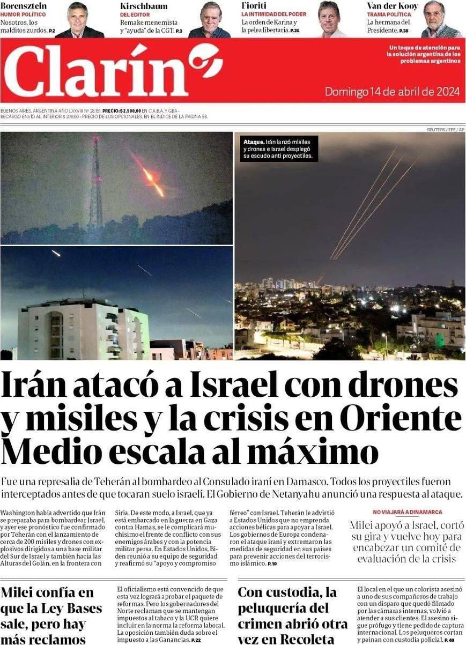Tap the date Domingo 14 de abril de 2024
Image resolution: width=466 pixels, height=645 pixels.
click(392, 92)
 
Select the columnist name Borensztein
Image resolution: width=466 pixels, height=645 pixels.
click(24, 6)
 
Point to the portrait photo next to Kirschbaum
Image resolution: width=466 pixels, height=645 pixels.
click(210, 20)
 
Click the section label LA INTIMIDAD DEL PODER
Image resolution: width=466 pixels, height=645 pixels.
click(273, 14)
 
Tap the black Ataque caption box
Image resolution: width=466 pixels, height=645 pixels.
click(278, 149)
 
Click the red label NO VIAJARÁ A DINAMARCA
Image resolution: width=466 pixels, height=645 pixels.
click(407, 512)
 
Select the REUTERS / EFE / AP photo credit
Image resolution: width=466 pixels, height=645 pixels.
click(446, 130)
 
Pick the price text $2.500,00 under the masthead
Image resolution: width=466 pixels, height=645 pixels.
click(130, 110)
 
